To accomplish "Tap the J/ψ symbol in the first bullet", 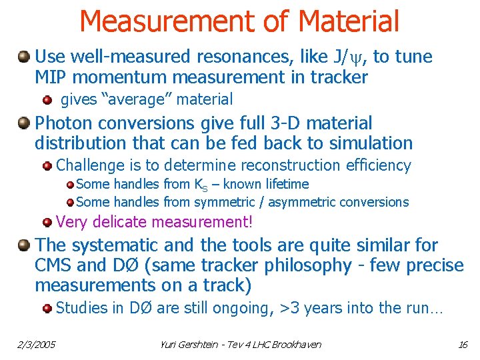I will (x=353, y=57).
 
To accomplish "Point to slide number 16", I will (x=463, y=345).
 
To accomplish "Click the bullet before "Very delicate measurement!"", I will (x=47, y=221).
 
